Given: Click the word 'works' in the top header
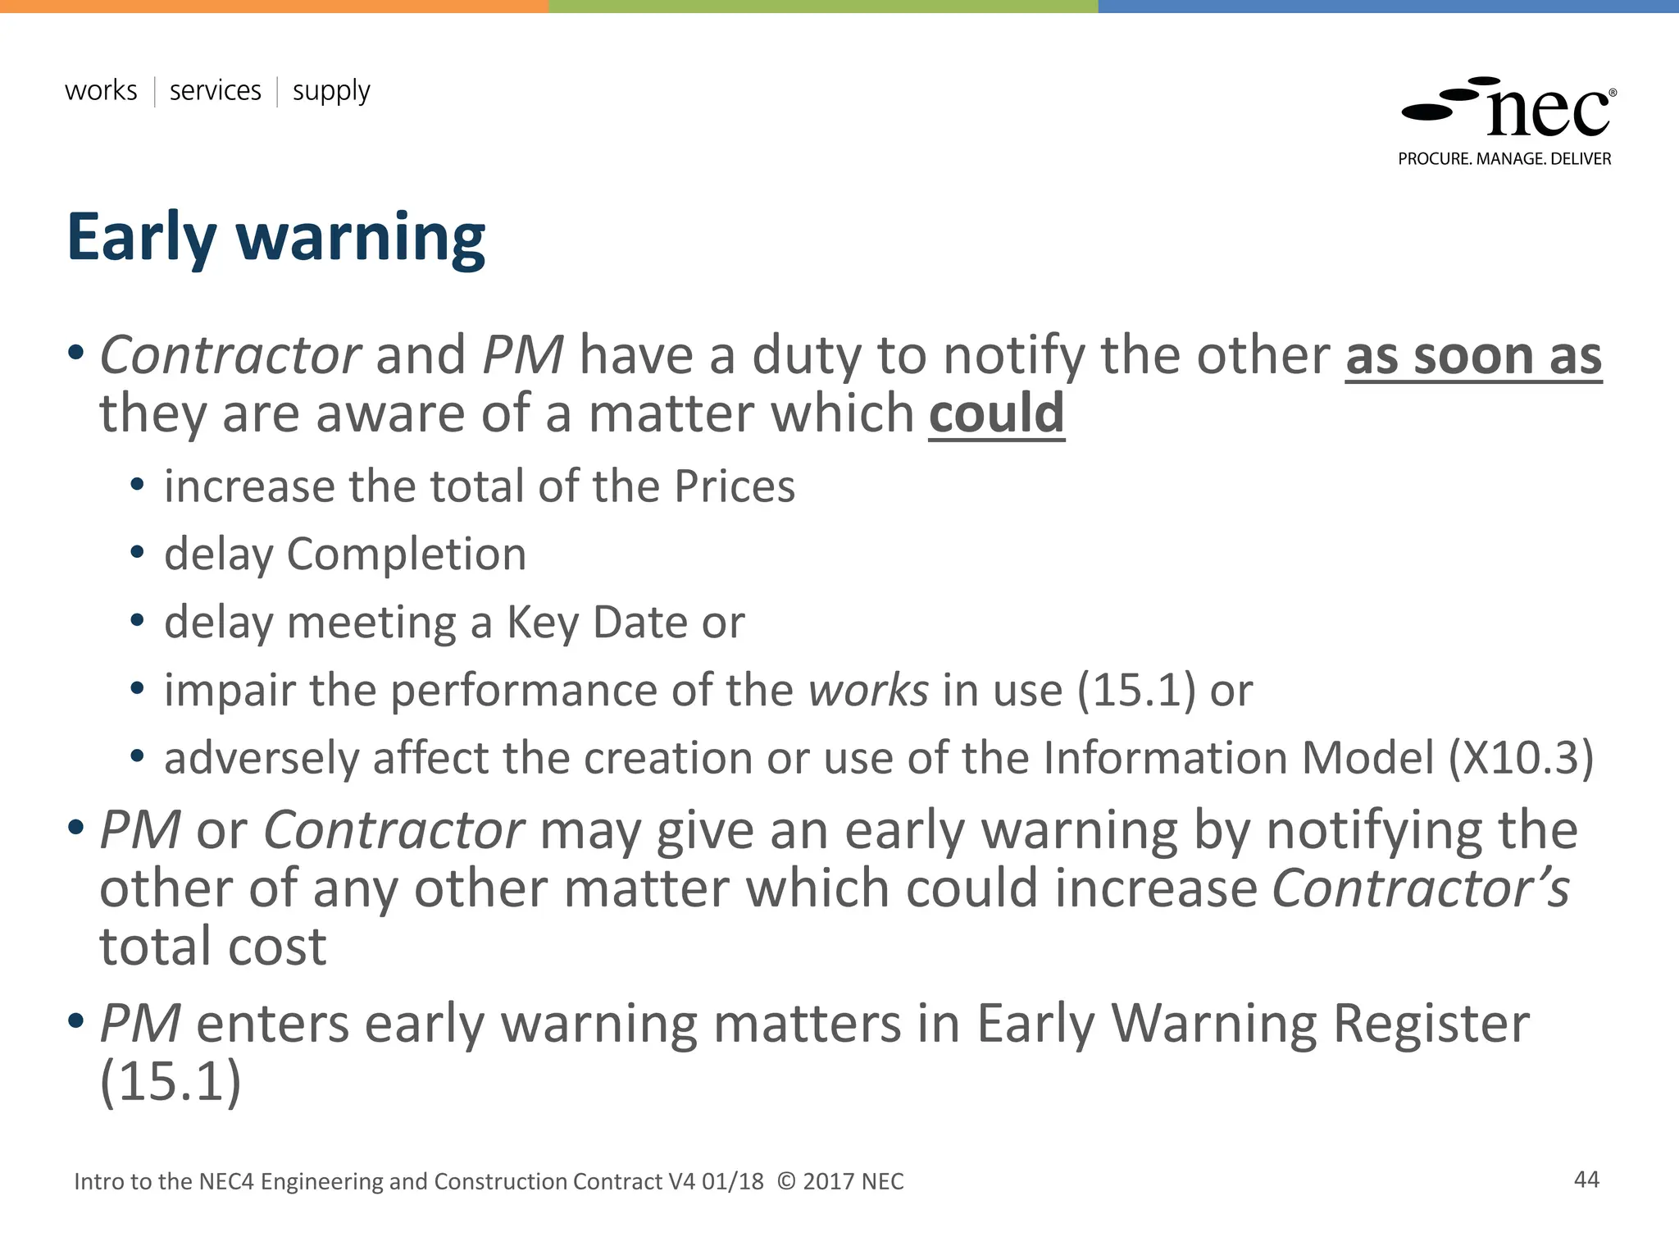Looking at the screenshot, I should (x=101, y=90).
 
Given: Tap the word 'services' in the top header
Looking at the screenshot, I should (x=215, y=90).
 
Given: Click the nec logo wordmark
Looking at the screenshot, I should (x=1547, y=112).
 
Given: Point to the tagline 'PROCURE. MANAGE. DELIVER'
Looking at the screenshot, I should (x=1504, y=159).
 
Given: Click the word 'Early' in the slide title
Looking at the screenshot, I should (x=141, y=238).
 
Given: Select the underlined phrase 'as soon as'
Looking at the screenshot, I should (x=1473, y=356).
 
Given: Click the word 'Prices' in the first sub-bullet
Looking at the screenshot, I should (x=735, y=486).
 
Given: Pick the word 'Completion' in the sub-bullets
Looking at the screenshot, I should (x=406, y=555).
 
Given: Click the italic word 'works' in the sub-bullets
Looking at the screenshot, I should (x=868, y=690).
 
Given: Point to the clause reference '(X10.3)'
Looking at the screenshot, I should (x=1521, y=757).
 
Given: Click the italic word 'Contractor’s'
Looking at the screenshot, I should (x=1421, y=888).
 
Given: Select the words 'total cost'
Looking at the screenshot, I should (x=213, y=947).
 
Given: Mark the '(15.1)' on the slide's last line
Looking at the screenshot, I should (x=171, y=1081).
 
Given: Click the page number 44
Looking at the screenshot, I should (x=1586, y=1180).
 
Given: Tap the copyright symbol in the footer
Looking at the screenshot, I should (x=785, y=1181).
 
